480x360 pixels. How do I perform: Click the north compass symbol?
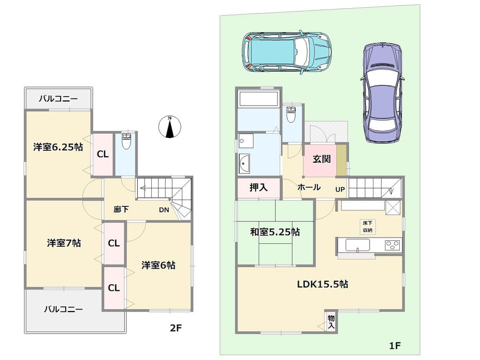pyautogui.click(x=169, y=127)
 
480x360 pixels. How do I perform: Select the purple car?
pyautogui.click(x=383, y=93)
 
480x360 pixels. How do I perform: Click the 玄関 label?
pyautogui.click(x=321, y=160)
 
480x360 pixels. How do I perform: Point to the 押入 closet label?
pyautogui.click(x=258, y=187)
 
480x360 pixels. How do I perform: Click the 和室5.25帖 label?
pyautogui.click(x=275, y=232)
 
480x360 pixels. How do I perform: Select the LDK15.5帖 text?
pyautogui.click(x=323, y=284)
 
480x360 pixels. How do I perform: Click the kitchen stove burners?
pyautogui.click(x=393, y=244)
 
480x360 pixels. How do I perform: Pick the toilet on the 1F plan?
pyautogui.click(x=290, y=116)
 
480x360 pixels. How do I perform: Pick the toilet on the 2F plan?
pyautogui.click(x=126, y=141)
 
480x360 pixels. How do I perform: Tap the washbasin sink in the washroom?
pyautogui.click(x=244, y=163)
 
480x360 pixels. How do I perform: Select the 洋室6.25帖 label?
pyautogui.click(x=58, y=147)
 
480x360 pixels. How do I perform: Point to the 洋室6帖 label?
pyautogui.click(x=158, y=264)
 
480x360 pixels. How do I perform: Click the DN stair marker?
pyautogui.click(x=164, y=209)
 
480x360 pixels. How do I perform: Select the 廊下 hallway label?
pyautogui.click(x=120, y=209)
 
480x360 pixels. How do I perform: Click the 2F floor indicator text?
pyautogui.click(x=175, y=328)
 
